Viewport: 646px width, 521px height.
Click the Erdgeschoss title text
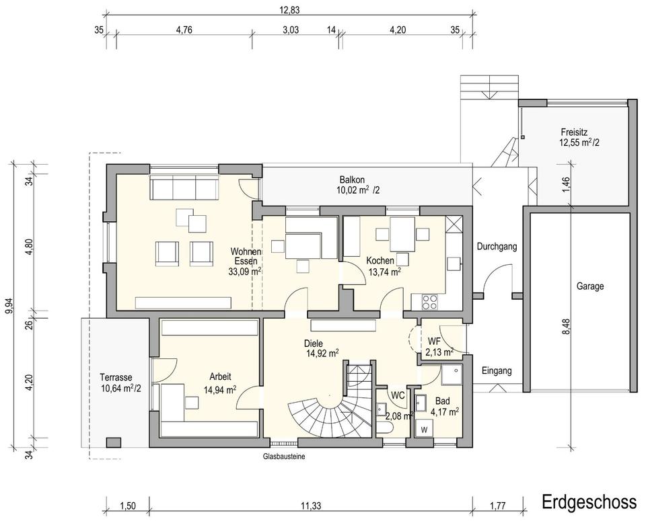pos(589,502)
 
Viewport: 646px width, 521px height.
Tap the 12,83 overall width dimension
pos(289,10)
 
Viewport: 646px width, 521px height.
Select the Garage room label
pos(590,286)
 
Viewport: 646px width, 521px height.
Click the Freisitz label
pos(574,132)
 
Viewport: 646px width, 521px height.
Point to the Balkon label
pos(352,180)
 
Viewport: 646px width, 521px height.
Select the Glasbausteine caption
pos(284,456)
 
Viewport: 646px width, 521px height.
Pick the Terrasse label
pos(116,377)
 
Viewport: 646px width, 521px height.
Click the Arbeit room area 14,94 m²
pos(220,389)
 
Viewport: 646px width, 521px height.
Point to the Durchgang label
pos(497,247)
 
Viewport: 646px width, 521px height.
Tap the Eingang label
pos(497,371)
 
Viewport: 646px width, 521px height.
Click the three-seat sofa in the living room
pos(184,188)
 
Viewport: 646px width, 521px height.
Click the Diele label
pos(314,344)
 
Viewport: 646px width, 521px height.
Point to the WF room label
pos(434,341)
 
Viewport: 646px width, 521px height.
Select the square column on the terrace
pos(114,442)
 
